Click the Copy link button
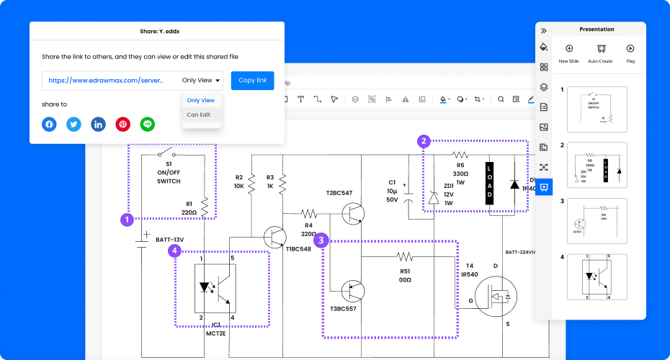252,81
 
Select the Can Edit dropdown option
199,114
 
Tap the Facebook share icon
49,124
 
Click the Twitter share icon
73,124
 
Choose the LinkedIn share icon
98,124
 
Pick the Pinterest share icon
123,124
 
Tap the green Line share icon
148,124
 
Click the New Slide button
568,53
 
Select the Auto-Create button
599,53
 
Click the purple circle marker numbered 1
127,219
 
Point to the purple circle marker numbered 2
424,141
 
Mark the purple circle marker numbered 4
174,251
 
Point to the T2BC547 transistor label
339,193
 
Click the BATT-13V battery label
170,239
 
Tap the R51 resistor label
404,271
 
